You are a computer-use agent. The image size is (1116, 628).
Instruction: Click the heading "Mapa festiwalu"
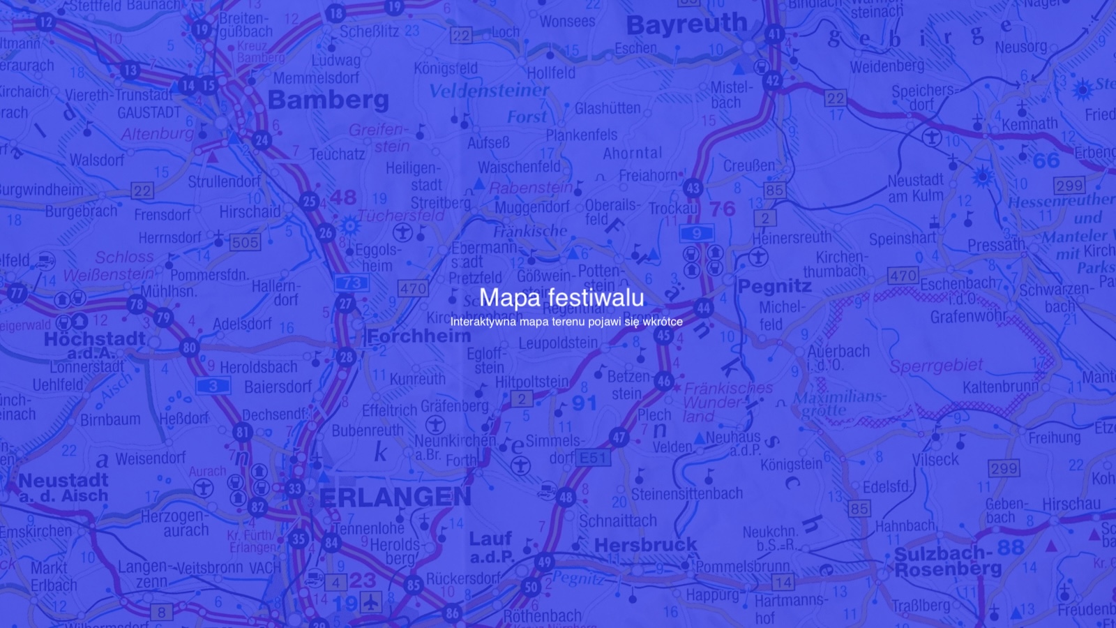coord(561,297)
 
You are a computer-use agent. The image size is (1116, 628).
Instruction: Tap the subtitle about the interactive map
coord(566,322)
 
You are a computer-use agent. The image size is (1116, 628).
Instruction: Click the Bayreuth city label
coord(686,26)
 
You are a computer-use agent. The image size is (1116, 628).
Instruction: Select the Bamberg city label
coord(328,100)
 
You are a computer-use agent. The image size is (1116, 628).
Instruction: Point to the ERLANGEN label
coord(395,497)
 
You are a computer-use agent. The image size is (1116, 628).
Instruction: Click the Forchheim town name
coord(419,336)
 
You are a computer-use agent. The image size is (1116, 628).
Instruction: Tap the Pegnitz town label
coord(774,286)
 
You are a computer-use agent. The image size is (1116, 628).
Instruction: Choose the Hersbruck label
coord(645,545)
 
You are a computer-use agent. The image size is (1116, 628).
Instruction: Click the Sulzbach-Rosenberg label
coord(948,562)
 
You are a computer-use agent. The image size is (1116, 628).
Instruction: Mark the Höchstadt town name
coord(95,340)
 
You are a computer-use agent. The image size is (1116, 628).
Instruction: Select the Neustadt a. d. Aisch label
coord(63,488)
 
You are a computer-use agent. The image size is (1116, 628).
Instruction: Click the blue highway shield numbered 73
coord(352,283)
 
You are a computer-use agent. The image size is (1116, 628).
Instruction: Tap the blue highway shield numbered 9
coord(696,234)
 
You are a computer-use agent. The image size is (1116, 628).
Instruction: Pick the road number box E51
coord(594,458)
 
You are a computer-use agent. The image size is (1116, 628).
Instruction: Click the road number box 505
coord(245,242)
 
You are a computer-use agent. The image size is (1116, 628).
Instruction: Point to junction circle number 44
coord(703,308)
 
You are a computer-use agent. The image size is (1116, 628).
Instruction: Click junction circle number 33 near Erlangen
coord(295,488)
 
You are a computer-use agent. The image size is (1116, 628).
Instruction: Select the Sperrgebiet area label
coord(936,366)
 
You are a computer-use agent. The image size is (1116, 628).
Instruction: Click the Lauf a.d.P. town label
coord(491,547)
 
